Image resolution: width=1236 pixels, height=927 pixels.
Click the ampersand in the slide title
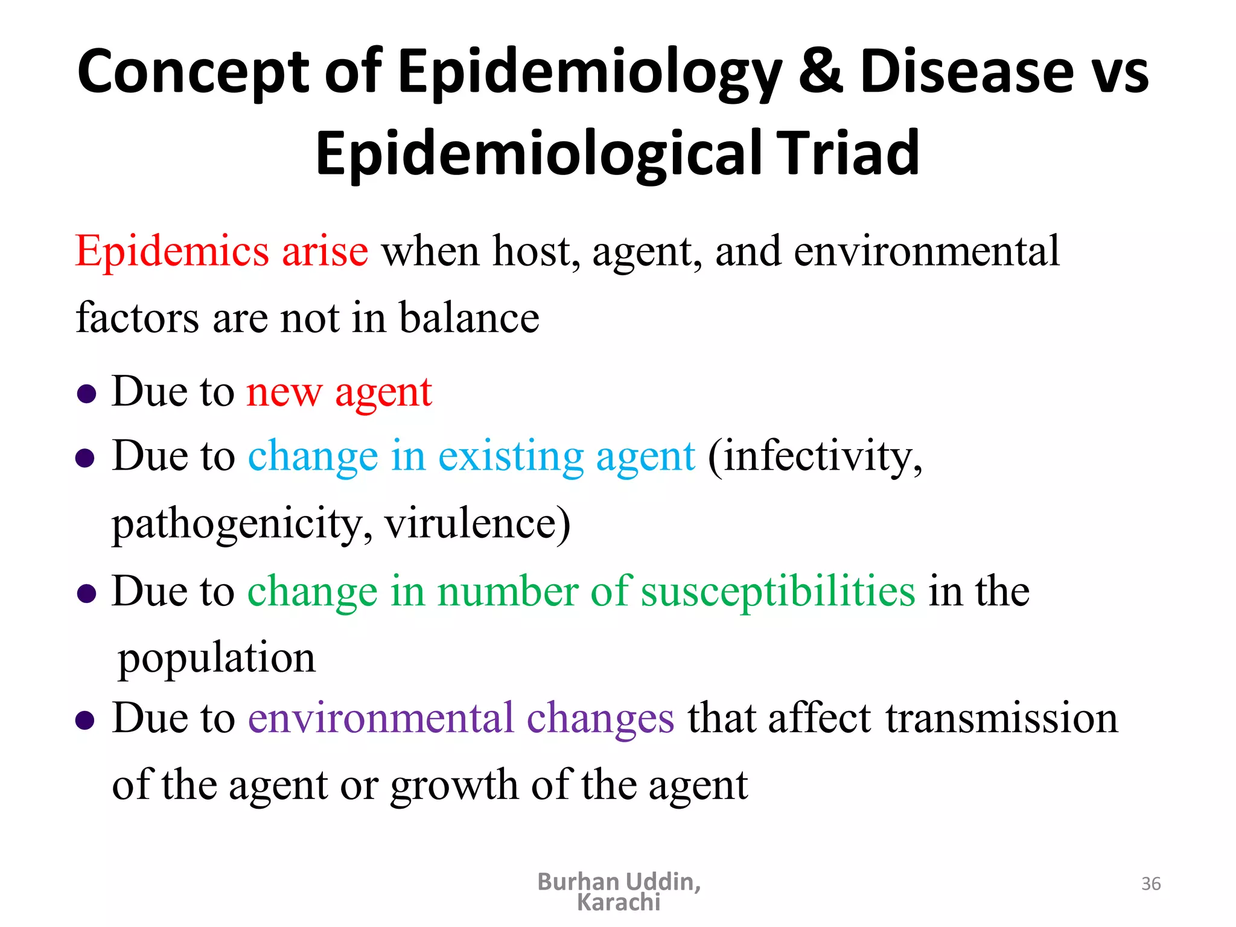[x=820, y=71]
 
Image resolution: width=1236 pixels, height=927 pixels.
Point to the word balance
[x=469, y=318]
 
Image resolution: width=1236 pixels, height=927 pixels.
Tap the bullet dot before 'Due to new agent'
[x=87, y=395]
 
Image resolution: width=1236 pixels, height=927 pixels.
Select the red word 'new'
[x=284, y=392]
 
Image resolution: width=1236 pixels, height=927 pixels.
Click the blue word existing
[x=510, y=457]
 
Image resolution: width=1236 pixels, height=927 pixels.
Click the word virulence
[x=477, y=523]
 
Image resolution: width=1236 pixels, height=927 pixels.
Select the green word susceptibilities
[x=778, y=592]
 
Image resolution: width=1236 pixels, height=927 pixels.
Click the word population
[x=217, y=659]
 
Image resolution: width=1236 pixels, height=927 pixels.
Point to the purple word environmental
[x=381, y=719]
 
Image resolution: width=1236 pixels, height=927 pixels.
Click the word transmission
[x=1002, y=719]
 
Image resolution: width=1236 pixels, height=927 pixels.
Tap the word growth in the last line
[x=454, y=786]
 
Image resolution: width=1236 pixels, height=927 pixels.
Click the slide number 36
[x=1151, y=884]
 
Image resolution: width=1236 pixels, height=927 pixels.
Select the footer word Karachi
[x=619, y=903]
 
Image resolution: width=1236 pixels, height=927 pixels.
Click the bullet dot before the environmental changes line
[x=86, y=720]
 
